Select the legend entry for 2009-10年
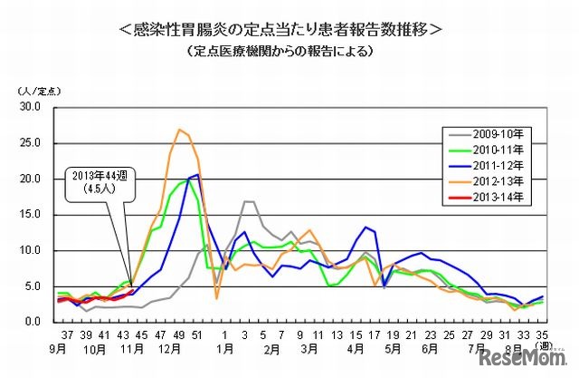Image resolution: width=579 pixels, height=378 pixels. (x=498, y=132)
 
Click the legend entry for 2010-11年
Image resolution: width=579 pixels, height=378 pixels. (x=498, y=148)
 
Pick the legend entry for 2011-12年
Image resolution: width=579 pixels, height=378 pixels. (x=498, y=163)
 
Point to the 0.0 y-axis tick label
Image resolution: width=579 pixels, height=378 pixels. (x=33, y=322)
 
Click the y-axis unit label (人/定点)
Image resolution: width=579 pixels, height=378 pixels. (x=35, y=91)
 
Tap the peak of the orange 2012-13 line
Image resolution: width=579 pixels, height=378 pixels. (x=179, y=130)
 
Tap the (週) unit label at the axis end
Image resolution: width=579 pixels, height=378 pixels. (x=543, y=345)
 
